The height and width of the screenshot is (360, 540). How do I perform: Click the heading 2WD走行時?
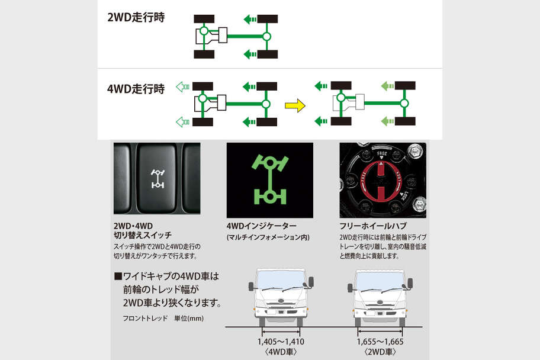point(136,17)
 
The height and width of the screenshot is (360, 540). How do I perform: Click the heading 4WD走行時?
point(136,89)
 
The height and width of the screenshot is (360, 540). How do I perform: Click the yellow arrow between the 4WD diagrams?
point(295,106)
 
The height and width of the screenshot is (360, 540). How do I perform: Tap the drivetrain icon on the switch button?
point(158,177)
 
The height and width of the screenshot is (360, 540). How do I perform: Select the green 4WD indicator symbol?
point(269,180)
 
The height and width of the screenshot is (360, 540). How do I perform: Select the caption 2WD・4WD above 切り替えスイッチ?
point(133,226)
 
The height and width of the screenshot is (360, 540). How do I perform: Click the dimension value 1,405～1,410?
point(281,342)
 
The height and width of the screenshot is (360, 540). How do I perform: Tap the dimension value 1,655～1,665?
point(380,342)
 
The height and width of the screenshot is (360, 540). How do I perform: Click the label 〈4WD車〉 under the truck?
point(281,352)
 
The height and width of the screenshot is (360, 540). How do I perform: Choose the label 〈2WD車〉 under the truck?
point(380,352)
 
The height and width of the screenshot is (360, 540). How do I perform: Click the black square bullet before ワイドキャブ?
point(117,276)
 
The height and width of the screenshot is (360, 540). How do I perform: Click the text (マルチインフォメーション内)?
point(267,237)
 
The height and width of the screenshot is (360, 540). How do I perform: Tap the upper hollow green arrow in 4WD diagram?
point(182,87)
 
